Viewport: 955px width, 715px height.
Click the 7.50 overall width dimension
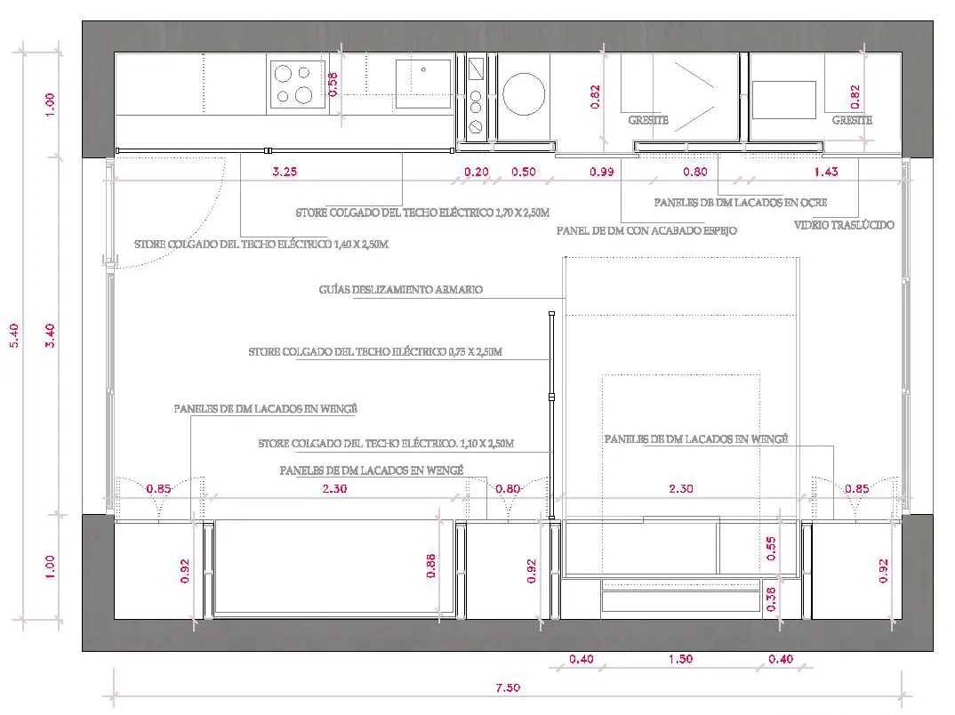tap(508, 687)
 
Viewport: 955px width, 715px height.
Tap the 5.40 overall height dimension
tap(14, 335)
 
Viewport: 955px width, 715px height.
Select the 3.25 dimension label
tap(285, 171)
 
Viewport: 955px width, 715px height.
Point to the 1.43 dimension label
tap(826, 171)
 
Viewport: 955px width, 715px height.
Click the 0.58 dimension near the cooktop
tap(333, 84)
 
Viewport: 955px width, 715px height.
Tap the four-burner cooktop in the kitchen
tap(297, 84)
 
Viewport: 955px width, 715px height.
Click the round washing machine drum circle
tap(524, 93)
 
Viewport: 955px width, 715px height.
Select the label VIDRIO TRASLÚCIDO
tap(844, 225)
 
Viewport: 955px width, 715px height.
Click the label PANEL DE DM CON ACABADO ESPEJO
tap(646, 231)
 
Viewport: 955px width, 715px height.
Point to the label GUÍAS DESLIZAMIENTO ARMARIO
tap(401, 289)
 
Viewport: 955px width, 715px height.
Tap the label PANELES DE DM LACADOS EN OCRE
tap(741, 202)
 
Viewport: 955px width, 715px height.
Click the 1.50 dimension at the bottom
tap(680, 658)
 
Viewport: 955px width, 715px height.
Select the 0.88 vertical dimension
tap(431, 566)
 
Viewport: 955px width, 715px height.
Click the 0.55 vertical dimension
tap(771, 548)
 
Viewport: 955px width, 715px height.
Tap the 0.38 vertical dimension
tap(771, 599)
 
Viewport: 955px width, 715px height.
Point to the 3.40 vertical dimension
tap(51, 335)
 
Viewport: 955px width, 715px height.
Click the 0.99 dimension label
tap(602, 171)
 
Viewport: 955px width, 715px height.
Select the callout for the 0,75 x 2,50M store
tap(375, 351)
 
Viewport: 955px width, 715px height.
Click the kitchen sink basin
tap(423, 84)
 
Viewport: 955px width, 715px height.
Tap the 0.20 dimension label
tap(477, 171)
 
